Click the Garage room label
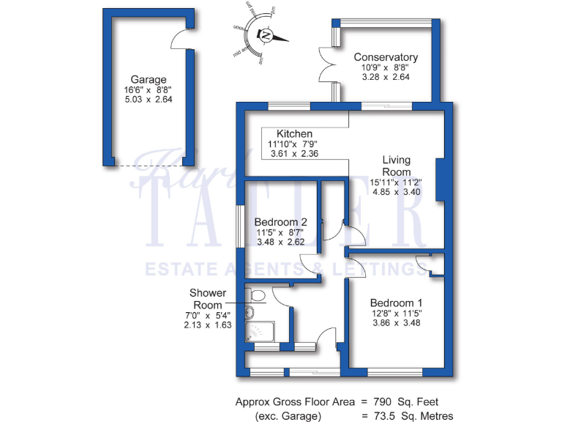click(x=149, y=80)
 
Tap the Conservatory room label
click(x=386, y=57)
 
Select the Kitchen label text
click(x=295, y=134)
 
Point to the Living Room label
click(x=397, y=166)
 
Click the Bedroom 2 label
click(x=280, y=222)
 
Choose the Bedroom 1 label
click(x=396, y=302)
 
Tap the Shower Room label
click(x=208, y=299)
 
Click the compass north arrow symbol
click(x=266, y=35)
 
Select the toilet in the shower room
click(x=256, y=295)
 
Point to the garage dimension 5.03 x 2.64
click(x=149, y=100)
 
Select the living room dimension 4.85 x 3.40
click(x=396, y=193)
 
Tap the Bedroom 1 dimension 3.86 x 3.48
click(x=396, y=322)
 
